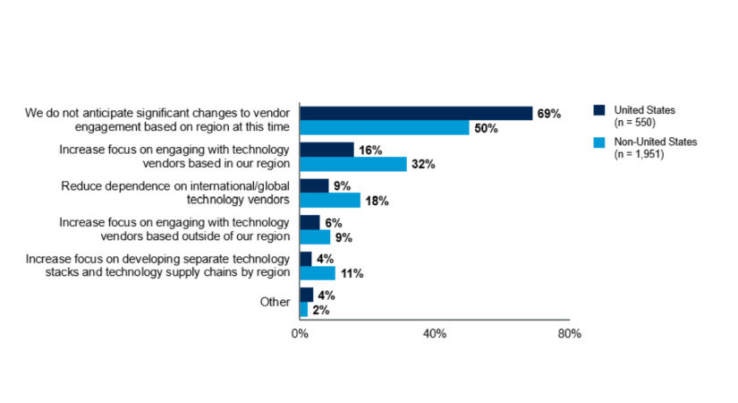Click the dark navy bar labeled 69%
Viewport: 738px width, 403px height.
click(416, 113)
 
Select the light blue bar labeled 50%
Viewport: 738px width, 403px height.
click(385, 128)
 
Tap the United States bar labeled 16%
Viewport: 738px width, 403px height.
click(327, 150)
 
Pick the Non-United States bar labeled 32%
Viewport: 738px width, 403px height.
click(353, 165)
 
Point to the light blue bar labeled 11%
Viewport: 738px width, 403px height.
click(318, 273)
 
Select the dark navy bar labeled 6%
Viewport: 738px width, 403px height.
click(310, 222)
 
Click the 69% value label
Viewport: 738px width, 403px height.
click(548, 114)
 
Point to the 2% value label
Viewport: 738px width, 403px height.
click(321, 310)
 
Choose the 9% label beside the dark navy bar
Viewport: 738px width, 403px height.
click(341, 186)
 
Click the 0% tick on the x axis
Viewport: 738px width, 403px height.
click(300, 334)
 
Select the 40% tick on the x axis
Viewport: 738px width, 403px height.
click(435, 334)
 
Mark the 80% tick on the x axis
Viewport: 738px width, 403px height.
click(570, 334)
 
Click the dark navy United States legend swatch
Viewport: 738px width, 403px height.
click(599, 110)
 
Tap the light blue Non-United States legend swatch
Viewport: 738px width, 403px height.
click(599, 142)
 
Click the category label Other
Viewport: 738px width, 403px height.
click(275, 302)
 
